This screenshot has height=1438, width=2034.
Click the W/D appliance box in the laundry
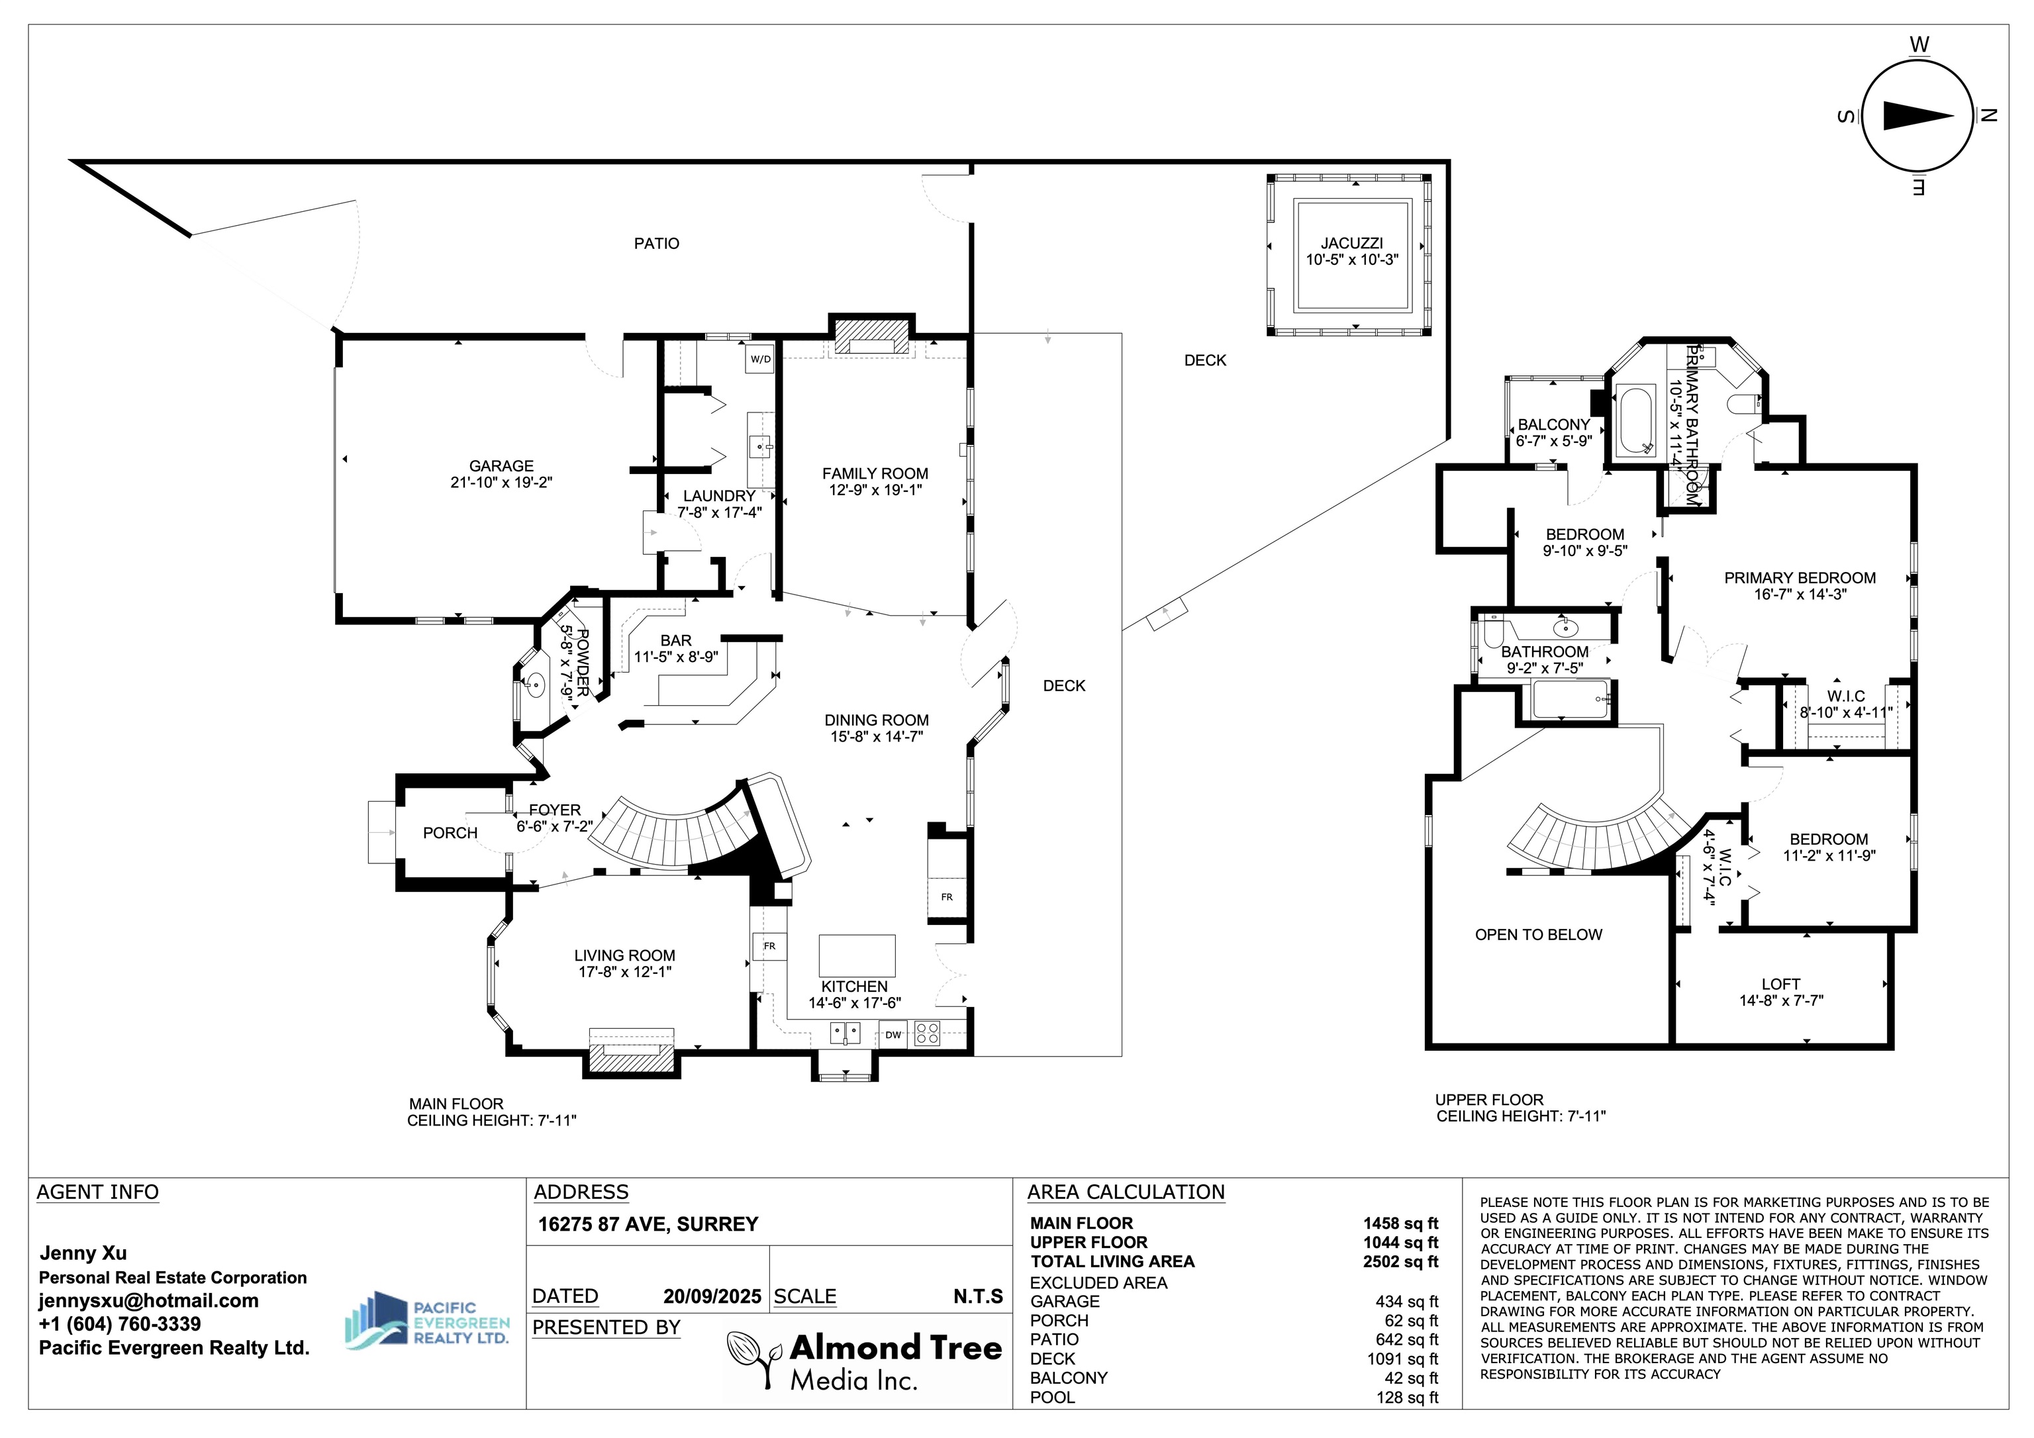click(x=760, y=359)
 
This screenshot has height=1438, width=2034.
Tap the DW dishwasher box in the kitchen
click(x=893, y=1035)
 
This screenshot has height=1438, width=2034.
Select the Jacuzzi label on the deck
click(x=1352, y=243)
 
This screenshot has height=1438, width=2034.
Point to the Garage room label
click(x=501, y=466)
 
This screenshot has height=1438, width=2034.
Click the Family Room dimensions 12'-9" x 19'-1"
click(x=875, y=490)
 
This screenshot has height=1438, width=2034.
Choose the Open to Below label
click(x=1539, y=935)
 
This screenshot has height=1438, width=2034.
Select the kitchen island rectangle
click(x=857, y=955)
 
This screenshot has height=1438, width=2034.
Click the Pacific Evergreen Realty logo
click(x=427, y=1319)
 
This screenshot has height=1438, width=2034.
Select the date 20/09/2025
click(x=712, y=1296)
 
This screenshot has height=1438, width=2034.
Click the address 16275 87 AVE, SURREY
click(x=648, y=1224)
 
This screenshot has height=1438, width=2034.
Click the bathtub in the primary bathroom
click(x=1635, y=421)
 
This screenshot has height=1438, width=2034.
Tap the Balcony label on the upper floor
click(x=1554, y=424)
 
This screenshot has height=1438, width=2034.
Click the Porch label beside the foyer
click(x=450, y=833)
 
